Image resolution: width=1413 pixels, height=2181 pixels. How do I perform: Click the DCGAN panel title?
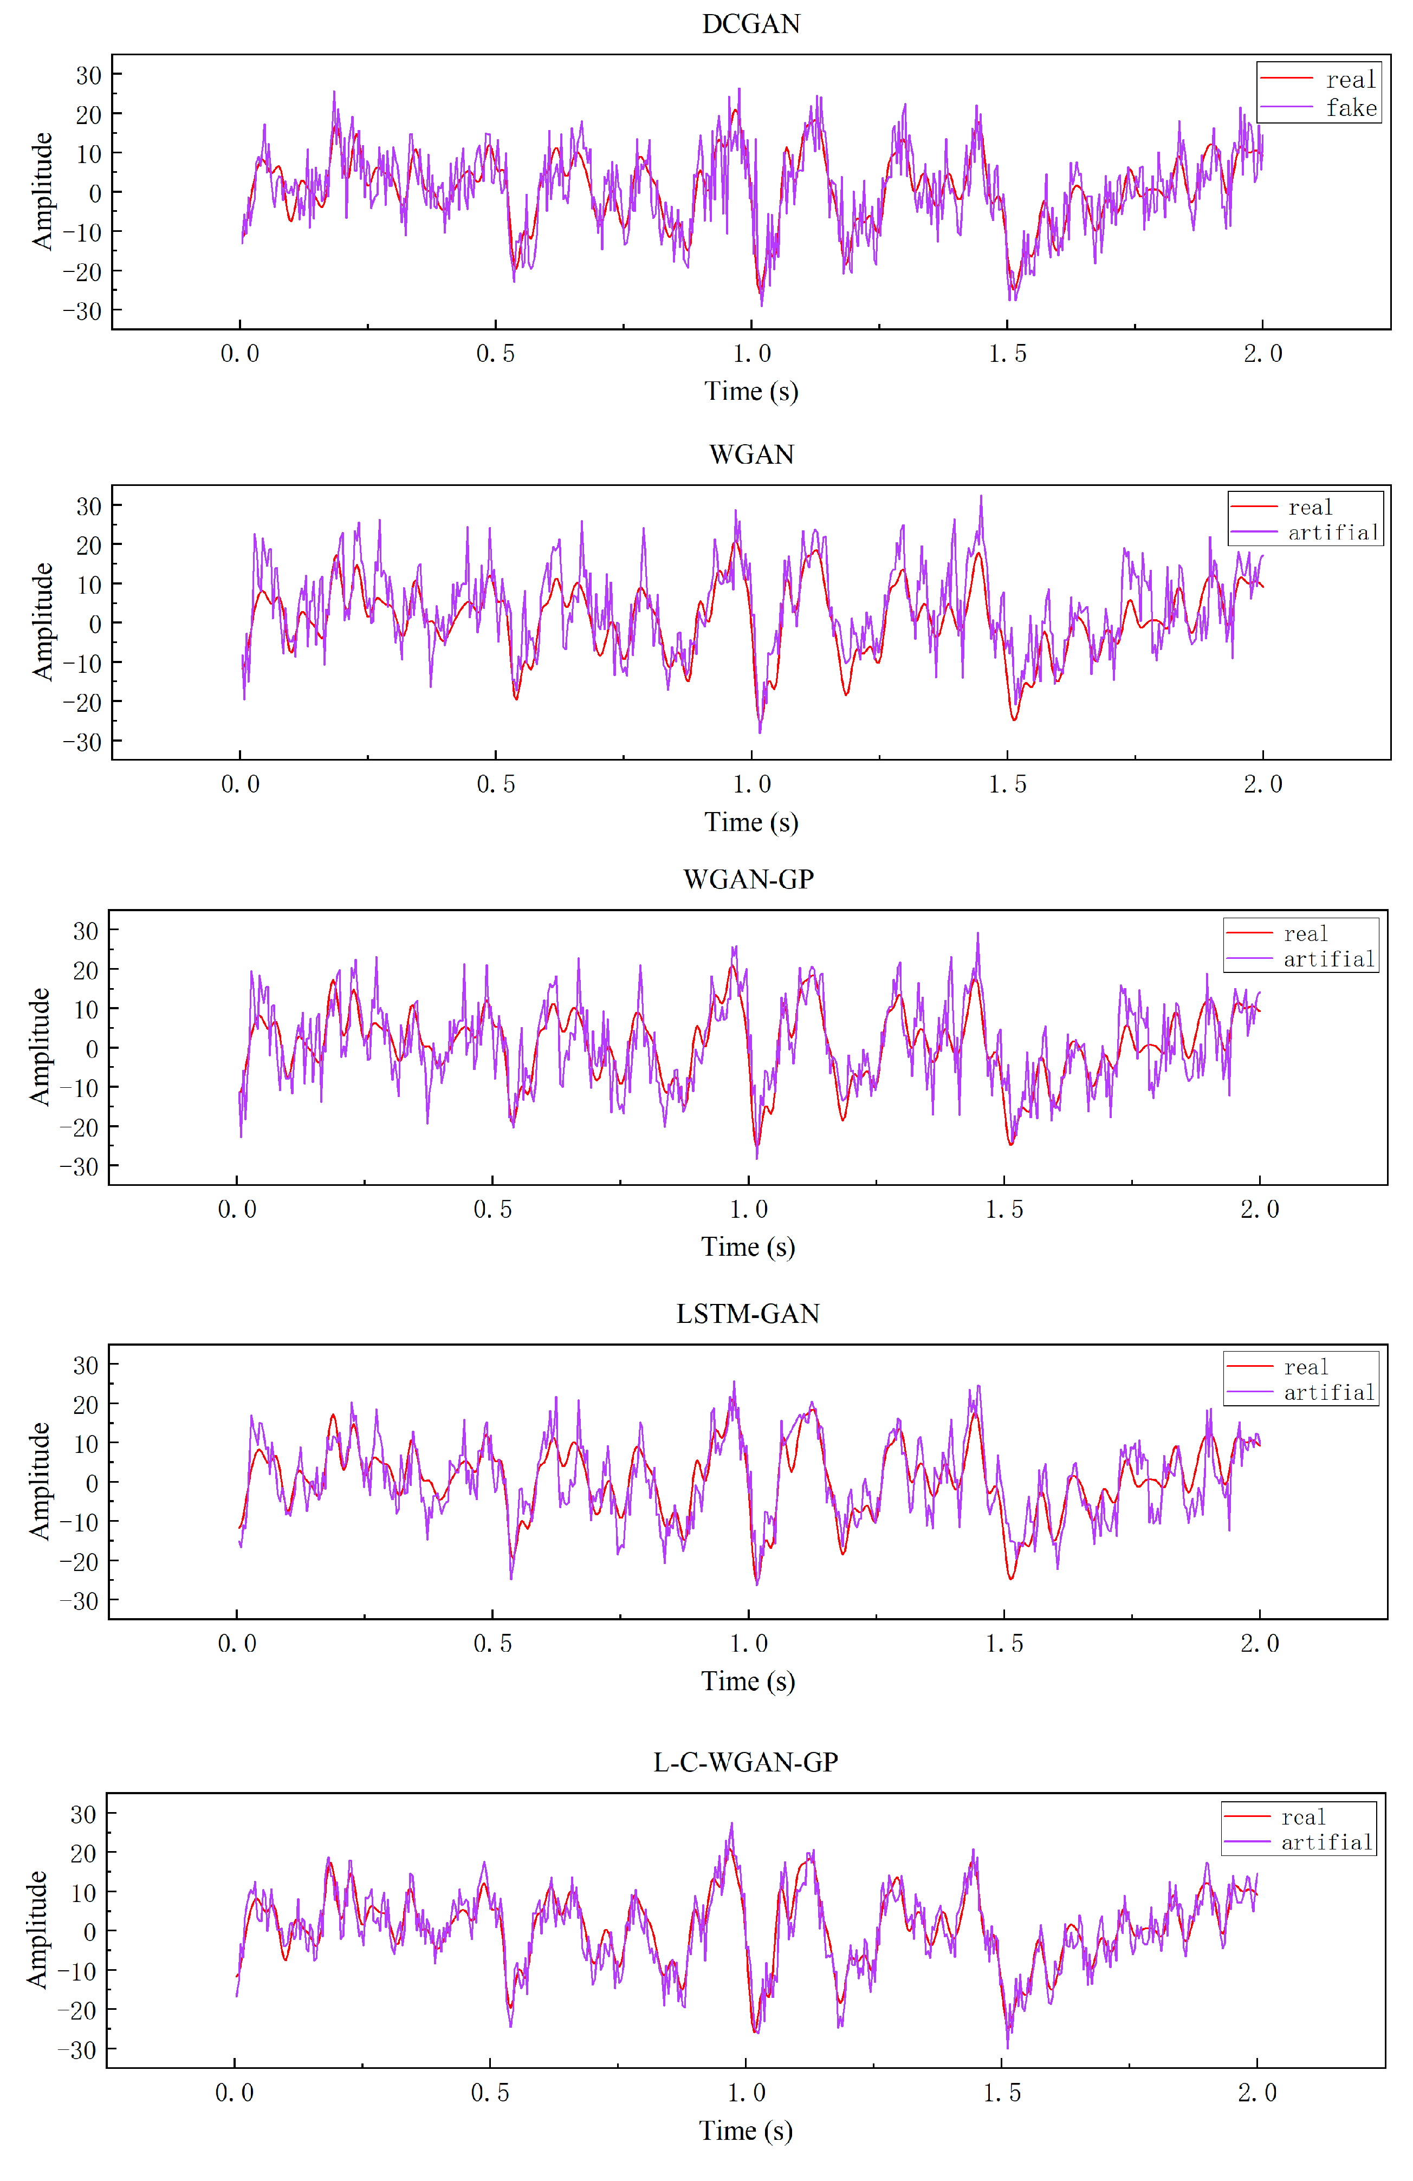click(x=750, y=24)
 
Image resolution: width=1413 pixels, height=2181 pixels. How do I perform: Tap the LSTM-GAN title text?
click(x=748, y=1314)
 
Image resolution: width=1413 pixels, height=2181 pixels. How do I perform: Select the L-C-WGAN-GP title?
click(x=745, y=1762)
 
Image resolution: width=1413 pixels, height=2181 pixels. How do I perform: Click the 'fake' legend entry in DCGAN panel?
click(x=1351, y=108)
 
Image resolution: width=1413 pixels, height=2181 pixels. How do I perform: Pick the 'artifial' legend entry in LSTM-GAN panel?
click(x=1328, y=1393)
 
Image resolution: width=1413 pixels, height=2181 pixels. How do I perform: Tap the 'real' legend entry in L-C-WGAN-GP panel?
click(x=1302, y=1816)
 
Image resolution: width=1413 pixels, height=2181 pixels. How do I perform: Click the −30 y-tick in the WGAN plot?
click(x=82, y=742)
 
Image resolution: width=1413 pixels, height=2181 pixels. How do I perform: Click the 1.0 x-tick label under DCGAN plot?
click(x=751, y=354)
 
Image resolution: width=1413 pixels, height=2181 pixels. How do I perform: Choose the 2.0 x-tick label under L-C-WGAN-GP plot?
click(x=1256, y=2092)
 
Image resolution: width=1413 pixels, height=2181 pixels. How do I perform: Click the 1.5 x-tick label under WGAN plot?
click(x=1007, y=784)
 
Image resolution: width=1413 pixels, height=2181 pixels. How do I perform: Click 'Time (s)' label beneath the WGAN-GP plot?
click(x=748, y=1247)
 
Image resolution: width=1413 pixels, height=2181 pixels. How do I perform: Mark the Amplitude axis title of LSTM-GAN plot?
click(x=38, y=1481)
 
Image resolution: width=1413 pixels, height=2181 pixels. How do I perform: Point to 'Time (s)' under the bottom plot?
click(x=745, y=2131)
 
